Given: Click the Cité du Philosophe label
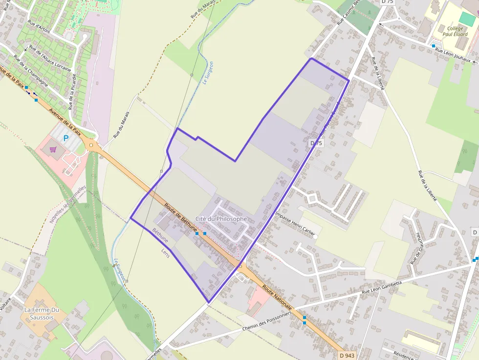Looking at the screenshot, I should pyautogui.click(x=221, y=219).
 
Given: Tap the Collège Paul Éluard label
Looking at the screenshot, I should pyautogui.click(x=455, y=31).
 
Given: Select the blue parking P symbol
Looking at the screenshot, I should pyautogui.click(x=66, y=138).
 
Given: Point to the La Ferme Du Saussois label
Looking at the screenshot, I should pyautogui.click(x=42, y=313).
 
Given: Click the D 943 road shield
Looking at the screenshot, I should pyautogui.click(x=346, y=355).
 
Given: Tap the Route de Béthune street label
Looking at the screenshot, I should pyautogui.click(x=181, y=217).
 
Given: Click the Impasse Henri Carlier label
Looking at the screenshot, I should pyautogui.click(x=295, y=224).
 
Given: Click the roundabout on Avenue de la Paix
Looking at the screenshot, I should pyautogui.click(x=90, y=145).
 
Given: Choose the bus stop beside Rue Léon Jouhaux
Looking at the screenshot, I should pyautogui.click(x=433, y=46).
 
